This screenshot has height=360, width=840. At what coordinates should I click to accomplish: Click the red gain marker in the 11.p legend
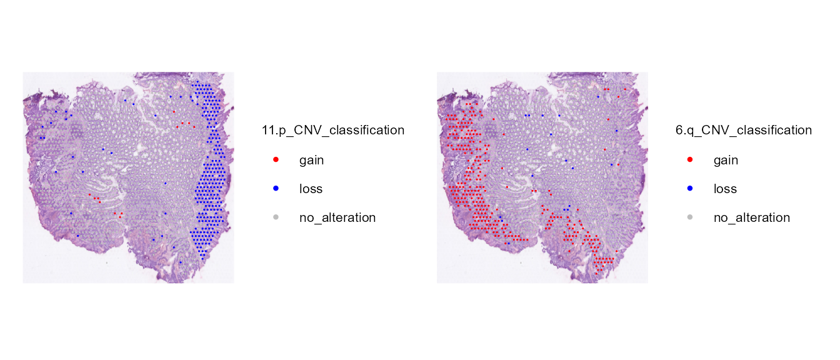[x=276, y=160]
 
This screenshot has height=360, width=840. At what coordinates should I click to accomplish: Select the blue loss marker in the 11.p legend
[x=276, y=188]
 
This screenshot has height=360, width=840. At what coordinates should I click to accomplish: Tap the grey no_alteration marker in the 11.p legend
[x=276, y=217]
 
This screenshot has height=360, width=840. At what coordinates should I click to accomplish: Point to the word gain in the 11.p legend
[x=311, y=161]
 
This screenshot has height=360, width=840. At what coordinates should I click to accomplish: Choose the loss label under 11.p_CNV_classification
[x=311, y=189]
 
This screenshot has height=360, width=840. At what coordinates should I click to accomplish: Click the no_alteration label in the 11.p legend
[x=337, y=217]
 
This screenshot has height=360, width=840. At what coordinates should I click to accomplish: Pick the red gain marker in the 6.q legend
[x=689, y=160]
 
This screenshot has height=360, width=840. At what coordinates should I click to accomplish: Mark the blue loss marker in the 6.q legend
[x=689, y=188]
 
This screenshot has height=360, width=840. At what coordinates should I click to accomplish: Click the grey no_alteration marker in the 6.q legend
[x=689, y=217]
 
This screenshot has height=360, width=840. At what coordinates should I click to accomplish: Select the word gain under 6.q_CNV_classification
[x=726, y=161]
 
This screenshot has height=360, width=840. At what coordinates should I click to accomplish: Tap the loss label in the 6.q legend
[x=725, y=189]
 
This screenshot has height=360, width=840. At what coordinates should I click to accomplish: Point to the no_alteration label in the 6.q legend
[x=752, y=217]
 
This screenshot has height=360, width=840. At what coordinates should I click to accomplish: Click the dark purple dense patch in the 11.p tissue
[x=77, y=131]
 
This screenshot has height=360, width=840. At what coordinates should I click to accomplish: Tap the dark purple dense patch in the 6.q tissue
[x=491, y=131]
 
